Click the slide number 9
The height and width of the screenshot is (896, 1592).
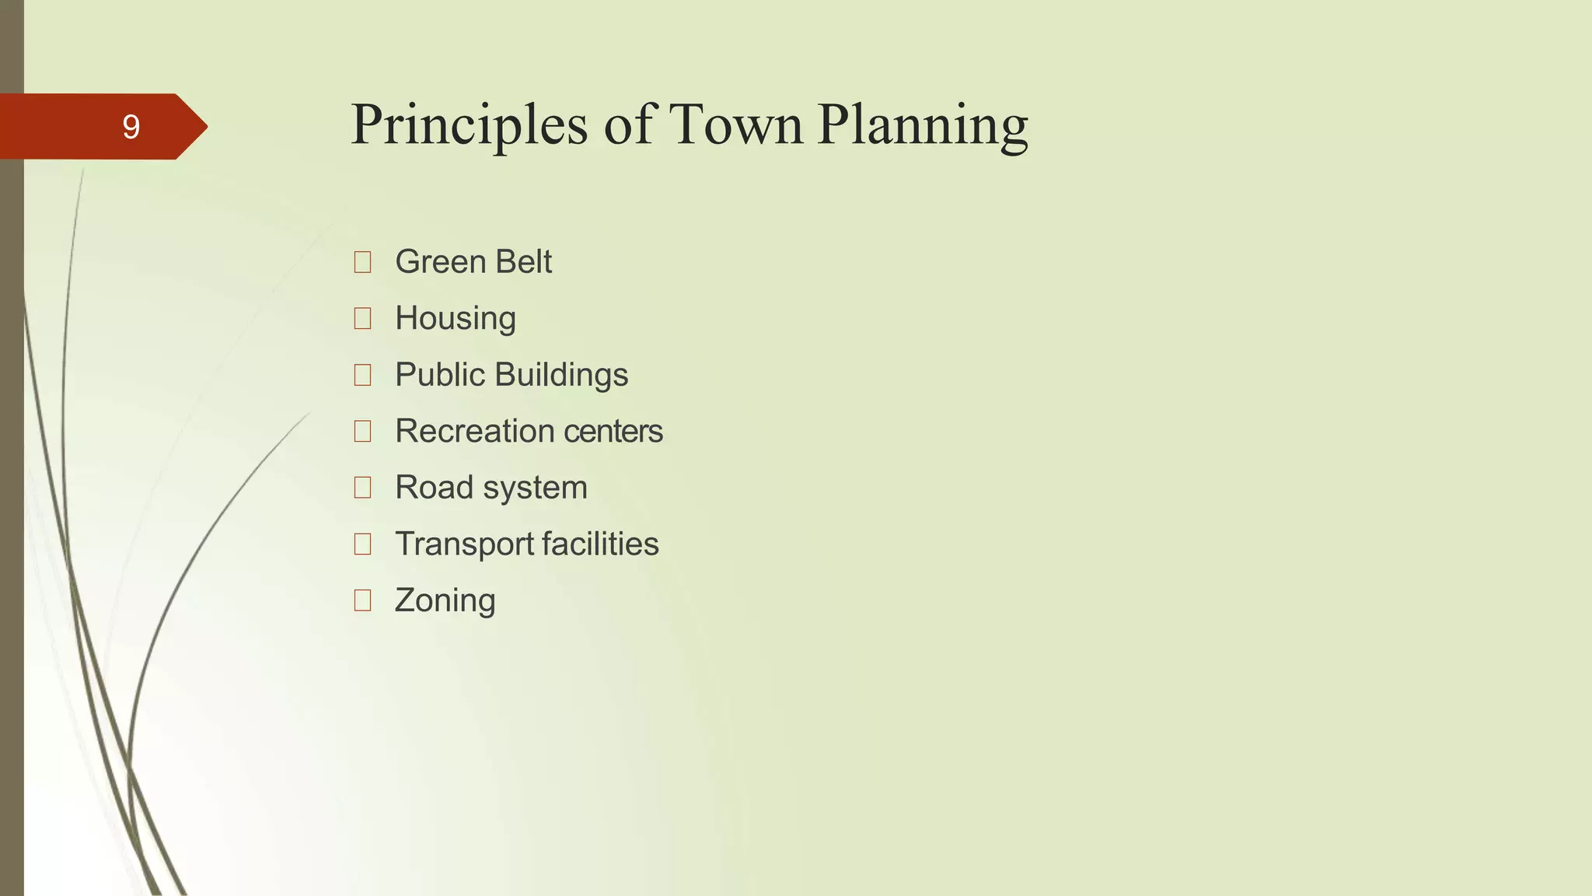(131, 127)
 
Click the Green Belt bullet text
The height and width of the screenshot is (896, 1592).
(473, 261)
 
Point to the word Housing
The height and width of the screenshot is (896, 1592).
(455, 319)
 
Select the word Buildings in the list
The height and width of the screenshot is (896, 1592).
(560, 375)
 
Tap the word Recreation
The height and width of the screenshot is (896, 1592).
(473, 431)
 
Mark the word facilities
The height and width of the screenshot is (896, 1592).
(600, 544)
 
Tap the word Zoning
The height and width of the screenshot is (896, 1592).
(445, 601)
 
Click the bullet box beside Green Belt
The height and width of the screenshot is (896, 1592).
(362, 262)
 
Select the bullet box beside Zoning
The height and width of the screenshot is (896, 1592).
(362, 600)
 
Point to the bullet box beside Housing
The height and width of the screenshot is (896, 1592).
(362, 318)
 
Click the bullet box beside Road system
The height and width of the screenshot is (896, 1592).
(362, 488)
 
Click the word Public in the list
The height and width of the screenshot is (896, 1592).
(439, 375)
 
